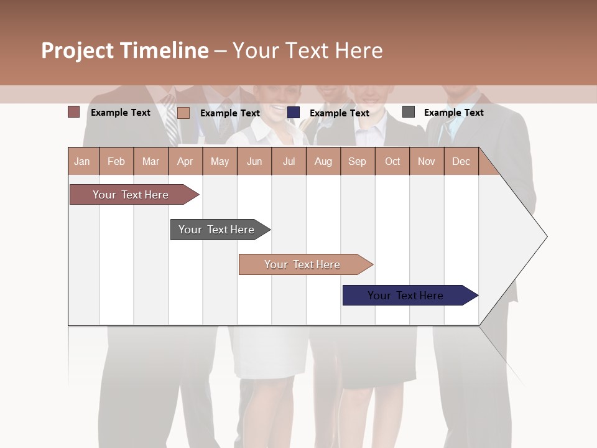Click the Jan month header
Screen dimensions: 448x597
[x=82, y=162]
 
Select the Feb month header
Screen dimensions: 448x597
[x=116, y=162]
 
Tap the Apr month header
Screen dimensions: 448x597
[x=185, y=162]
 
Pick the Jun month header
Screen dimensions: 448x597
[x=254, y=162]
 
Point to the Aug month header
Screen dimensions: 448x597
[x=323, y=162]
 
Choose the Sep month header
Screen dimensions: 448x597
[x=357, y=162]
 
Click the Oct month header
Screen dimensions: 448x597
[x=392, y=162]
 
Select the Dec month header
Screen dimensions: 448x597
[x=461, y=162]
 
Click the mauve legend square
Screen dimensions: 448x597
[x=74, y=112]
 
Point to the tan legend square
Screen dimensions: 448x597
[x=183, y=113]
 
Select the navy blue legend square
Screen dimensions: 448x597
[x=294, y=113]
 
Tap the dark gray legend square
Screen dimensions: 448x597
[x=409, y=112]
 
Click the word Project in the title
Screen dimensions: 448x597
[x=78, y=50]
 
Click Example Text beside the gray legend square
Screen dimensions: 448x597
[x=453, y=113]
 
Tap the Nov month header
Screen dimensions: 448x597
[x=426, y=162]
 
